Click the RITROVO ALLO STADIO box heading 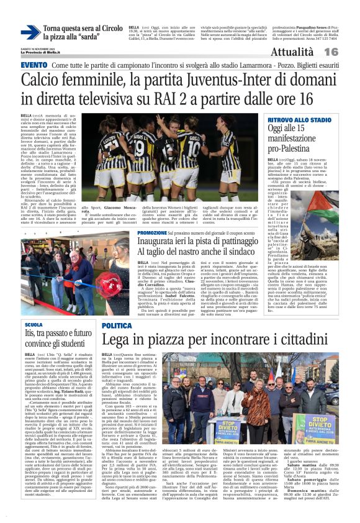coord(299,119)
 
